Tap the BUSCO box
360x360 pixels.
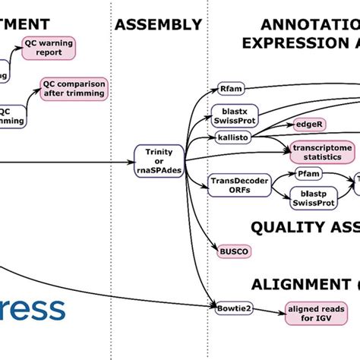point(228,250)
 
